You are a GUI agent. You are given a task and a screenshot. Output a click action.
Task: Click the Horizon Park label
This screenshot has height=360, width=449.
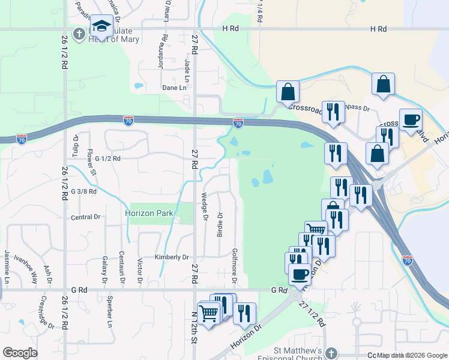[149, 213]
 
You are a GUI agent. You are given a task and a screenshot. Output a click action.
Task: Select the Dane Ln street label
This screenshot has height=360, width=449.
[174, 88]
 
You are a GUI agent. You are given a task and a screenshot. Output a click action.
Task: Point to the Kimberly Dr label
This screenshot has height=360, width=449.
[172, 257]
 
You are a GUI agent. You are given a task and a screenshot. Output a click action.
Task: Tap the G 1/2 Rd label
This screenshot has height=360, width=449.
[108, 159]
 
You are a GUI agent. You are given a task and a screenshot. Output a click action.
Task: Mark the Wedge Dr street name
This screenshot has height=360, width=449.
[205, 206]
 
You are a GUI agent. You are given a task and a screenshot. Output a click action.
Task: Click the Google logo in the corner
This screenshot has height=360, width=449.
[20, 352]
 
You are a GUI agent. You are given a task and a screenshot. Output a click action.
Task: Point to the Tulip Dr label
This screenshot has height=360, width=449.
[76, 146]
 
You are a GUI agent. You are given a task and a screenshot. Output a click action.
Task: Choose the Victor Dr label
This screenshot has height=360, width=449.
[140, 270]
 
